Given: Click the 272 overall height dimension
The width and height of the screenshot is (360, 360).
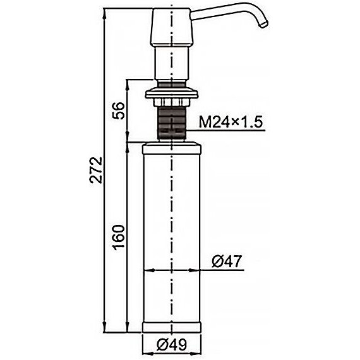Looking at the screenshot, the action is pos(96,170).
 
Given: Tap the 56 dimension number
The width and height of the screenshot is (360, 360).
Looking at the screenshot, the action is pos(119,111).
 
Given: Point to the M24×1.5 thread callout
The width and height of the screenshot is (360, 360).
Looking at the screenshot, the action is pos(231,122).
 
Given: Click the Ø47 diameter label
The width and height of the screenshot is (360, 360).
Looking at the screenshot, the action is pos(227,261).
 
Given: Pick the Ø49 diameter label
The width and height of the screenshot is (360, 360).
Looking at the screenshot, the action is pos(172,344).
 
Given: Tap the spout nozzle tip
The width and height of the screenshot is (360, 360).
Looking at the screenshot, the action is pos(264,25).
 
